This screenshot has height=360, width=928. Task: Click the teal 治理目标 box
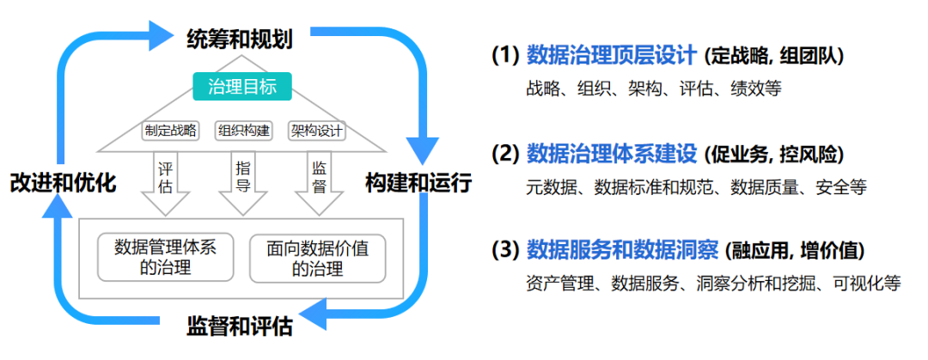pyautogui.click(x=241, y=87)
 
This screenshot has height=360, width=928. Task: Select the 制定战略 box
pyautogui.click(x=170, y=131)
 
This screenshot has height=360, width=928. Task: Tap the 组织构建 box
pyautogui.click(x=244, y=131)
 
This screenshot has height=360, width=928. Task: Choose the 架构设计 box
pyautogui.click(x=317, y=131)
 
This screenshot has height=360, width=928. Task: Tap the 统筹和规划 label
pyautogui.click(x=240, y=39)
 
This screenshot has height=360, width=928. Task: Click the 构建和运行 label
pyautogui.click(x=418, y=183)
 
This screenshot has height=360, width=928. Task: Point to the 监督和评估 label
pyautogui.click(x=240, y=326)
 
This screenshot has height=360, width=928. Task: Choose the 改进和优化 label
pyautogui.click(x=63, y=183)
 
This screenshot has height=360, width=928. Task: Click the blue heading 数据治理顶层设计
pyautogui.click(x=611, y=56)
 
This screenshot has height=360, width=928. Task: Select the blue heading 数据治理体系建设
pyautogui.click(x=611, y=154)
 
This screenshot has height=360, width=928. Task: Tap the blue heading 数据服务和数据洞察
pyautogui.click(x=621, y=250)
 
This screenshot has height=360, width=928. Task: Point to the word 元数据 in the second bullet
pyautogui.click(x=550, y=186)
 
